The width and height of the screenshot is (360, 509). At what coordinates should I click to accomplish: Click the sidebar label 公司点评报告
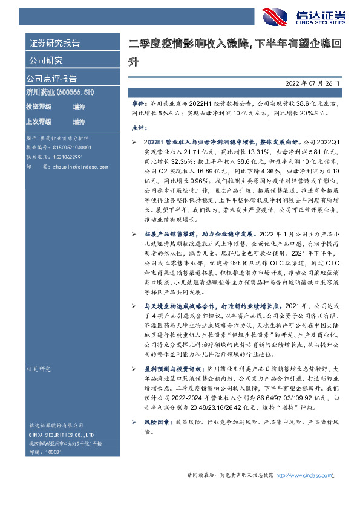click(x=51, y=78)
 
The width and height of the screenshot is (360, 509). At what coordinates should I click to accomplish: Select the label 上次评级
click(x=39, y=122)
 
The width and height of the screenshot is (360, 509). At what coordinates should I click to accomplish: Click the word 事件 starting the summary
click(x=138, y=104)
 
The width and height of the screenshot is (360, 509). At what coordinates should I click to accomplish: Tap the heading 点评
click(x=138, y=128)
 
